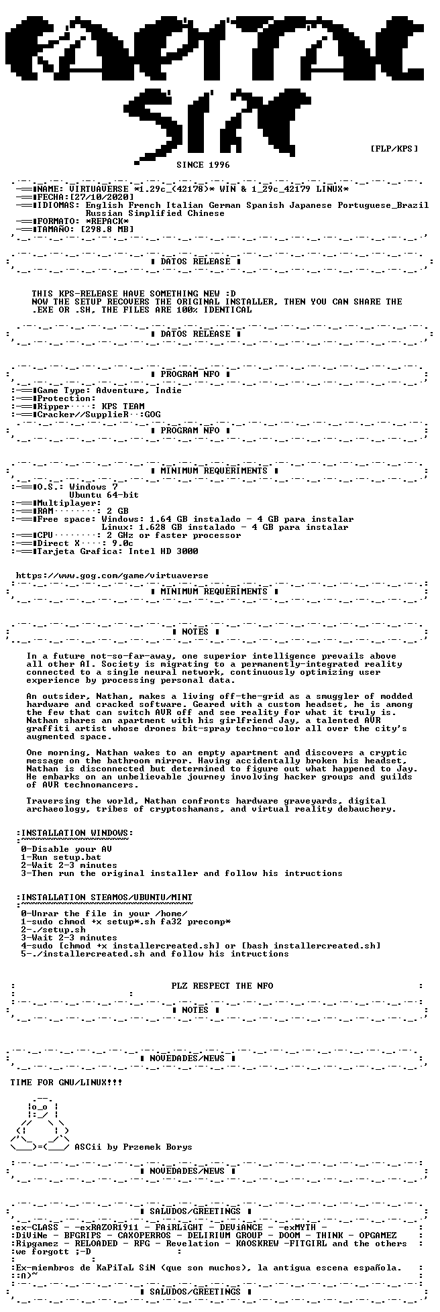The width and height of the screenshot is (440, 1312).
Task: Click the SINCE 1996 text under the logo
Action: pyautogui.click(x=203, y=164)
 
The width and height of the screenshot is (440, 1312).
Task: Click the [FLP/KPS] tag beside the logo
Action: pyautogui.click(x=394, y=148)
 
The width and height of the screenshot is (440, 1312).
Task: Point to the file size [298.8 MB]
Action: pyautogui.click(x=107, y=229)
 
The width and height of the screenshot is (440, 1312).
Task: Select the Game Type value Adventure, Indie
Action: pyautogui.click(x=139, y=390)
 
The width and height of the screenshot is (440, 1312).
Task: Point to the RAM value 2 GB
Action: pyautogui.click(x=117, y=511)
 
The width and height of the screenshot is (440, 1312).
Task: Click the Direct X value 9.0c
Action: pyautogui.click(x=123, y=543)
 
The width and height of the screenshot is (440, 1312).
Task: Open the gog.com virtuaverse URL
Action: pyautogui.click(x=112, y=576)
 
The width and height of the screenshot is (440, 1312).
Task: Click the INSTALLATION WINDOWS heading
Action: pyautogui.click(x=74, y=833)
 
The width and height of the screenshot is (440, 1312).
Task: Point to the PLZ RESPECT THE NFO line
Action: pyautogui.click(x=222, y=986)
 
